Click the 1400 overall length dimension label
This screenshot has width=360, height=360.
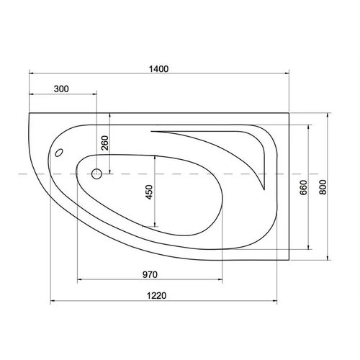point(158,69)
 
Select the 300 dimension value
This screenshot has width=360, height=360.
point(61,89)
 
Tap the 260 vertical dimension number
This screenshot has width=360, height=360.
point(105,143)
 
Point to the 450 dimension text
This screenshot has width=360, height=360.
point(149,192)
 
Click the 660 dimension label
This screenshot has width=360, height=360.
point(304,187)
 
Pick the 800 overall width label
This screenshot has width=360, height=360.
point(323,187)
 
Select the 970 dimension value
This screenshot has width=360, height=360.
point(150,274)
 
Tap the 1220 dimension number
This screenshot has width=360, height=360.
point(156,296)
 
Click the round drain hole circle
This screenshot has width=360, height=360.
point(96,174)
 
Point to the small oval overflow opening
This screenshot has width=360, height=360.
point(59,153)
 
